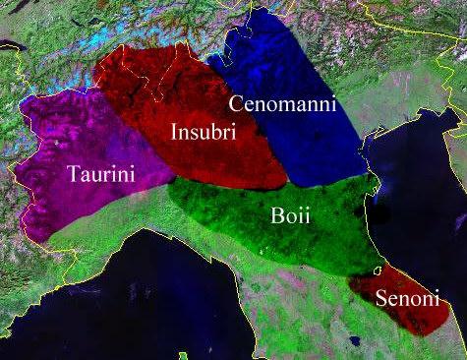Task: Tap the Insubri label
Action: [x=202, y=132]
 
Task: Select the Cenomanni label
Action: [x=282, y=104]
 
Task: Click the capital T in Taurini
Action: [x=74, y=174]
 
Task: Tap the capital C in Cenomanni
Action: [x=237, y=104]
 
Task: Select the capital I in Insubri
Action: [x=174, y=132]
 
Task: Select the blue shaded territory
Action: [x=285, y=148]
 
